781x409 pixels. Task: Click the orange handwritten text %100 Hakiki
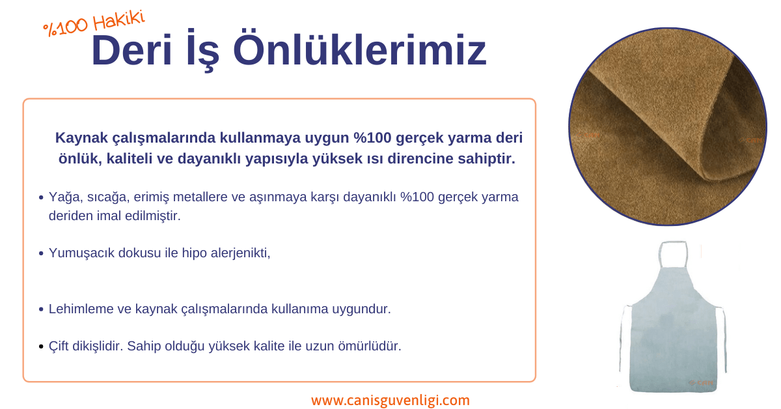coord(94,23)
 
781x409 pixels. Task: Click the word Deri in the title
coord(131,50)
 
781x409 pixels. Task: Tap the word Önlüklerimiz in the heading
coord(359,49)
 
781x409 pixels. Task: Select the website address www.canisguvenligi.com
coord(390,401)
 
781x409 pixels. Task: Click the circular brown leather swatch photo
coord(667,126)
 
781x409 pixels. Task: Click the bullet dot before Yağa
coord(41,198)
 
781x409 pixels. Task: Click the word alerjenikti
coord(240,253)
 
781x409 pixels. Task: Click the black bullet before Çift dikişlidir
coord(41,346)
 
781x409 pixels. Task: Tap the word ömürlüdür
coord(370,346)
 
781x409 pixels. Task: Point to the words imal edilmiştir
coord(139,216)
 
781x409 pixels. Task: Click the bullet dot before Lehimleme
coord(41,309)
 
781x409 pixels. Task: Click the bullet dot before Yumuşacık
coord(41,253)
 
